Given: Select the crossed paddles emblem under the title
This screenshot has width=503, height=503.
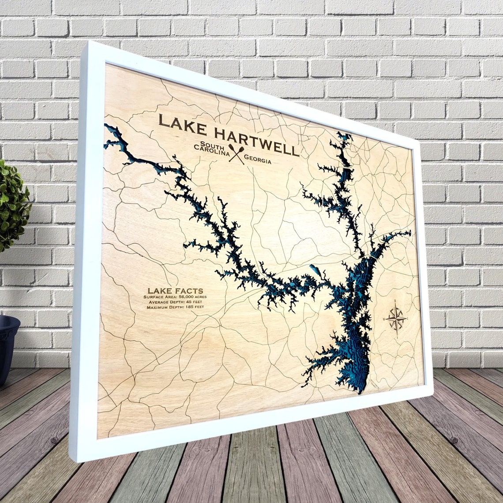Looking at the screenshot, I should [237, 154].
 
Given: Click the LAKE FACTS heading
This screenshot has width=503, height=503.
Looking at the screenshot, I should [175, 291].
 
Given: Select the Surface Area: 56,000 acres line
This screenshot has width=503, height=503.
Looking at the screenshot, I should [175, 297].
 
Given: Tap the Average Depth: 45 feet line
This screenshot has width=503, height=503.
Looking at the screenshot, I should [175, 302].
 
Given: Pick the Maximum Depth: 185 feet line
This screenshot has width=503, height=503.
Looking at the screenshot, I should [175, 307].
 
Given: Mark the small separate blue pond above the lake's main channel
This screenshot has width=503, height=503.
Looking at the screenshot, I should [314, 269].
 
